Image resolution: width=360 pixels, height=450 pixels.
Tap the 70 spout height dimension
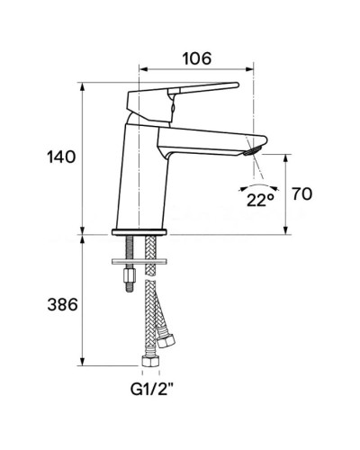[x=302, y=193]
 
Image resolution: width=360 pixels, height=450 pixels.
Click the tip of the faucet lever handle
[x=235, y=85]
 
